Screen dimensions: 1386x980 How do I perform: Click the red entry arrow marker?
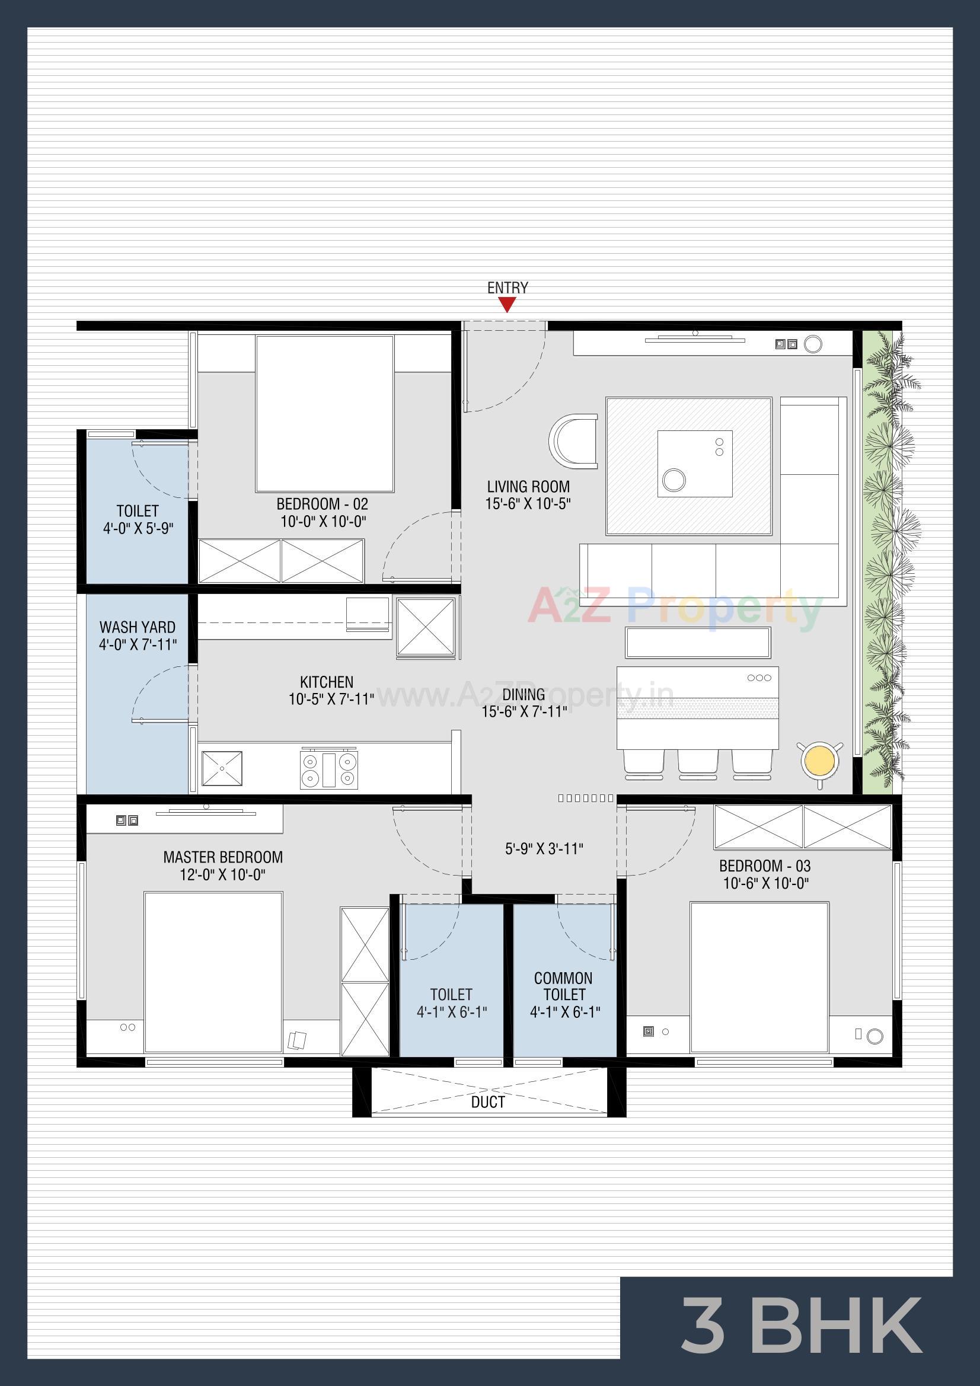click(507, 305)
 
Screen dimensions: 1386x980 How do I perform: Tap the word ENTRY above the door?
click(507, 288)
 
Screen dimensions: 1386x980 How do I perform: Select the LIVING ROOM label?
click(528, 487)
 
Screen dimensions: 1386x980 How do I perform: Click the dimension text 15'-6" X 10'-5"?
click(528, 503)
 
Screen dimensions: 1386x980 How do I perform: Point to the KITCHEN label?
click(327, 682)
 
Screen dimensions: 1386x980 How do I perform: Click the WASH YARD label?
click(138, 627)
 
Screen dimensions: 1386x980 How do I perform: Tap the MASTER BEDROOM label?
click(223, 857)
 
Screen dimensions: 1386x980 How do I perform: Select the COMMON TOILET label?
click(563, 986)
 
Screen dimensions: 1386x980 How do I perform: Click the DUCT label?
click(488, 1102)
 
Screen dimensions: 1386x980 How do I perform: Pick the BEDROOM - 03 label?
click(764, 866)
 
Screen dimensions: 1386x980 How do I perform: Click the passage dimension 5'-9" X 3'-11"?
click(544, 849)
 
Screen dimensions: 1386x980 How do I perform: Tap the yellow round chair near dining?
click(819, 762)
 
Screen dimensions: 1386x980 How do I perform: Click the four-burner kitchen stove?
click(329, 768)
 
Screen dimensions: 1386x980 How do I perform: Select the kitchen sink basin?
click(222, 768)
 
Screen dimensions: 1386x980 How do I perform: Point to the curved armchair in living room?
click(573, 441)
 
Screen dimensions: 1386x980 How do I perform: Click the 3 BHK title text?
click(802, 1326)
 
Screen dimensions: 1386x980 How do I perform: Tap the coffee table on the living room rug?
click(694, 464)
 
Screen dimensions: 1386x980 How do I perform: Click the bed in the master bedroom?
click(213, 972)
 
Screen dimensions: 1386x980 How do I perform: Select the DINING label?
click(523, 694)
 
